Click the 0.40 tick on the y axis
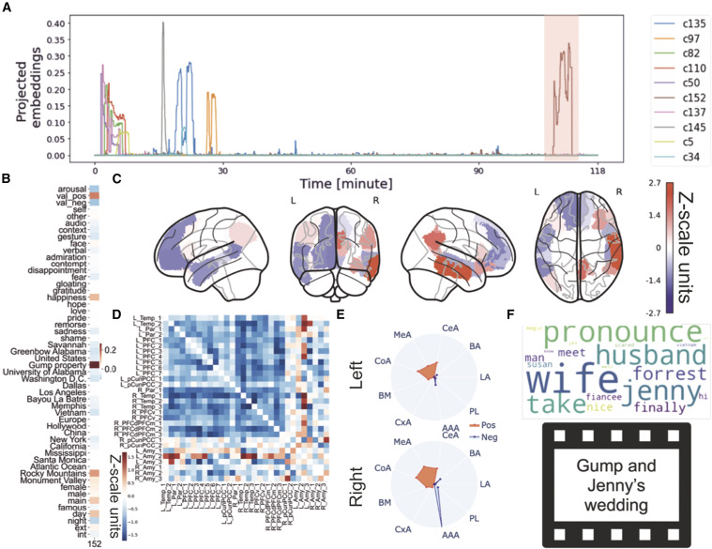coord(79,22)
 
